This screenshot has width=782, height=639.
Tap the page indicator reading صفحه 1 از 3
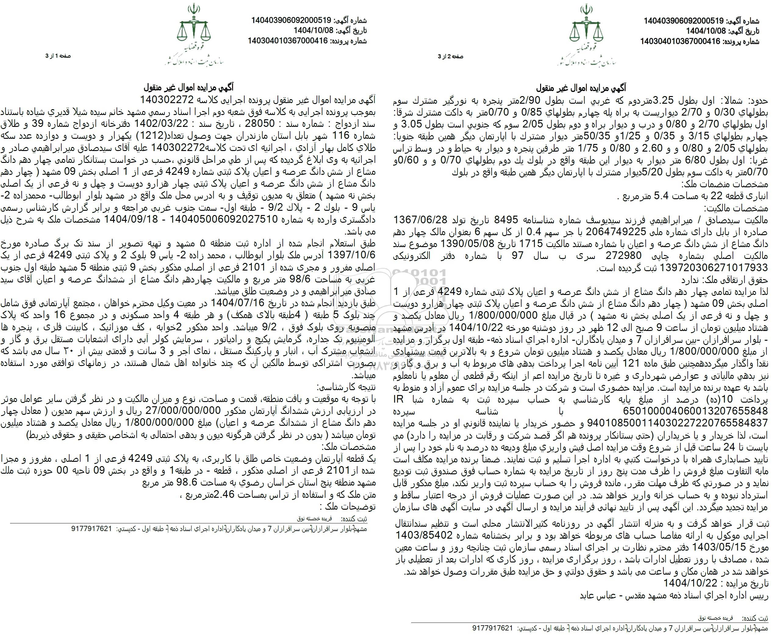click(x=58, y=56)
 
